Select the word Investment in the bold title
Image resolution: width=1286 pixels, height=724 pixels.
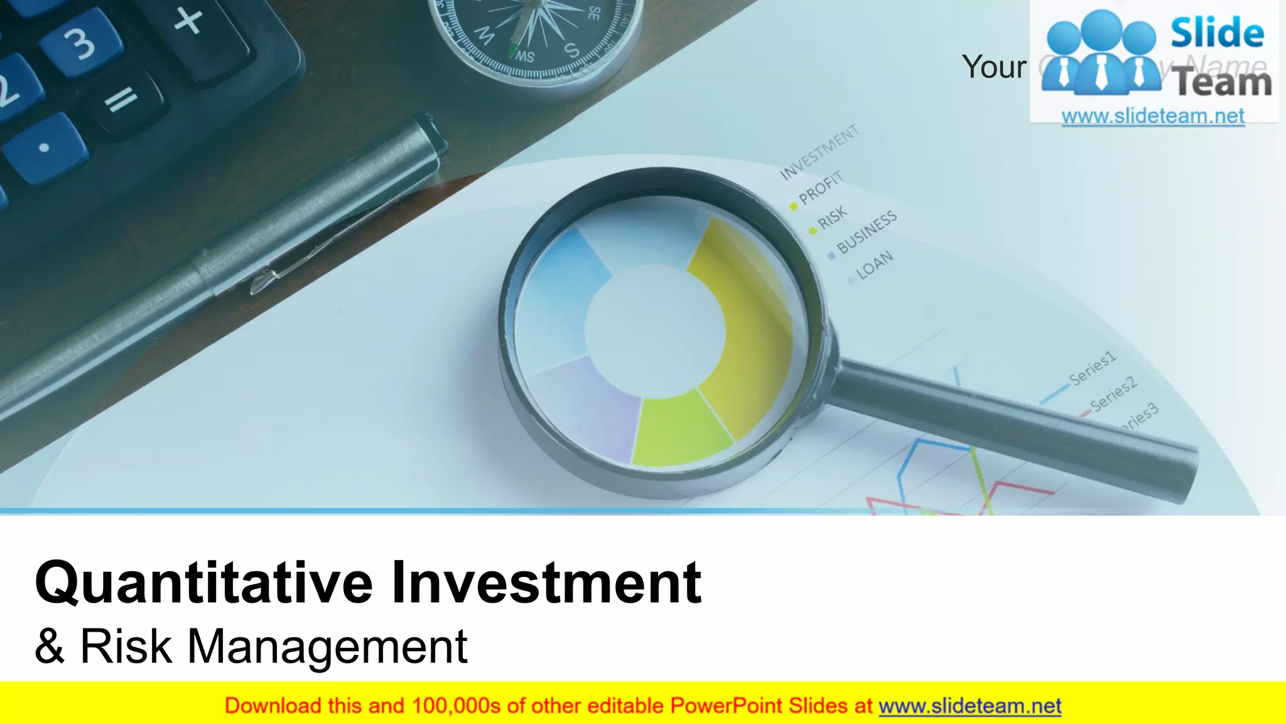pyautogui.click(x=546, y=583)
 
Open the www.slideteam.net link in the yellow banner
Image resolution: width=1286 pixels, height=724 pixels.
pyautogui.click(x=970, y=706)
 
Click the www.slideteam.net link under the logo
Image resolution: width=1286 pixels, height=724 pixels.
pyautogui.click(x=1153, y=116)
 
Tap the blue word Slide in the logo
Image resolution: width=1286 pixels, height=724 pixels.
pyautogui.click(x=1217, y=33)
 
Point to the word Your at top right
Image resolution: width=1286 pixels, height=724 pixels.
pyautogui.click(x=994, y=67)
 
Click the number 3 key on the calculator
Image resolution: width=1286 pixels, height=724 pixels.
pyautogui.click(x=80, y=43)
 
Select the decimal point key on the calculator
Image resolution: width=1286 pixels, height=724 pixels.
pyautogui.click(x=44, y=148)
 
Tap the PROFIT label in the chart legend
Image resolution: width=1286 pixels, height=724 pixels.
pyautogui.click(x=820, y=188)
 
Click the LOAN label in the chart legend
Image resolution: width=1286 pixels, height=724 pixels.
pyautogui.click(x=874, y=265)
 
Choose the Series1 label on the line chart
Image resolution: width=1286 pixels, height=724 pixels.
pyautogui.click(x=1093, y=368)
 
